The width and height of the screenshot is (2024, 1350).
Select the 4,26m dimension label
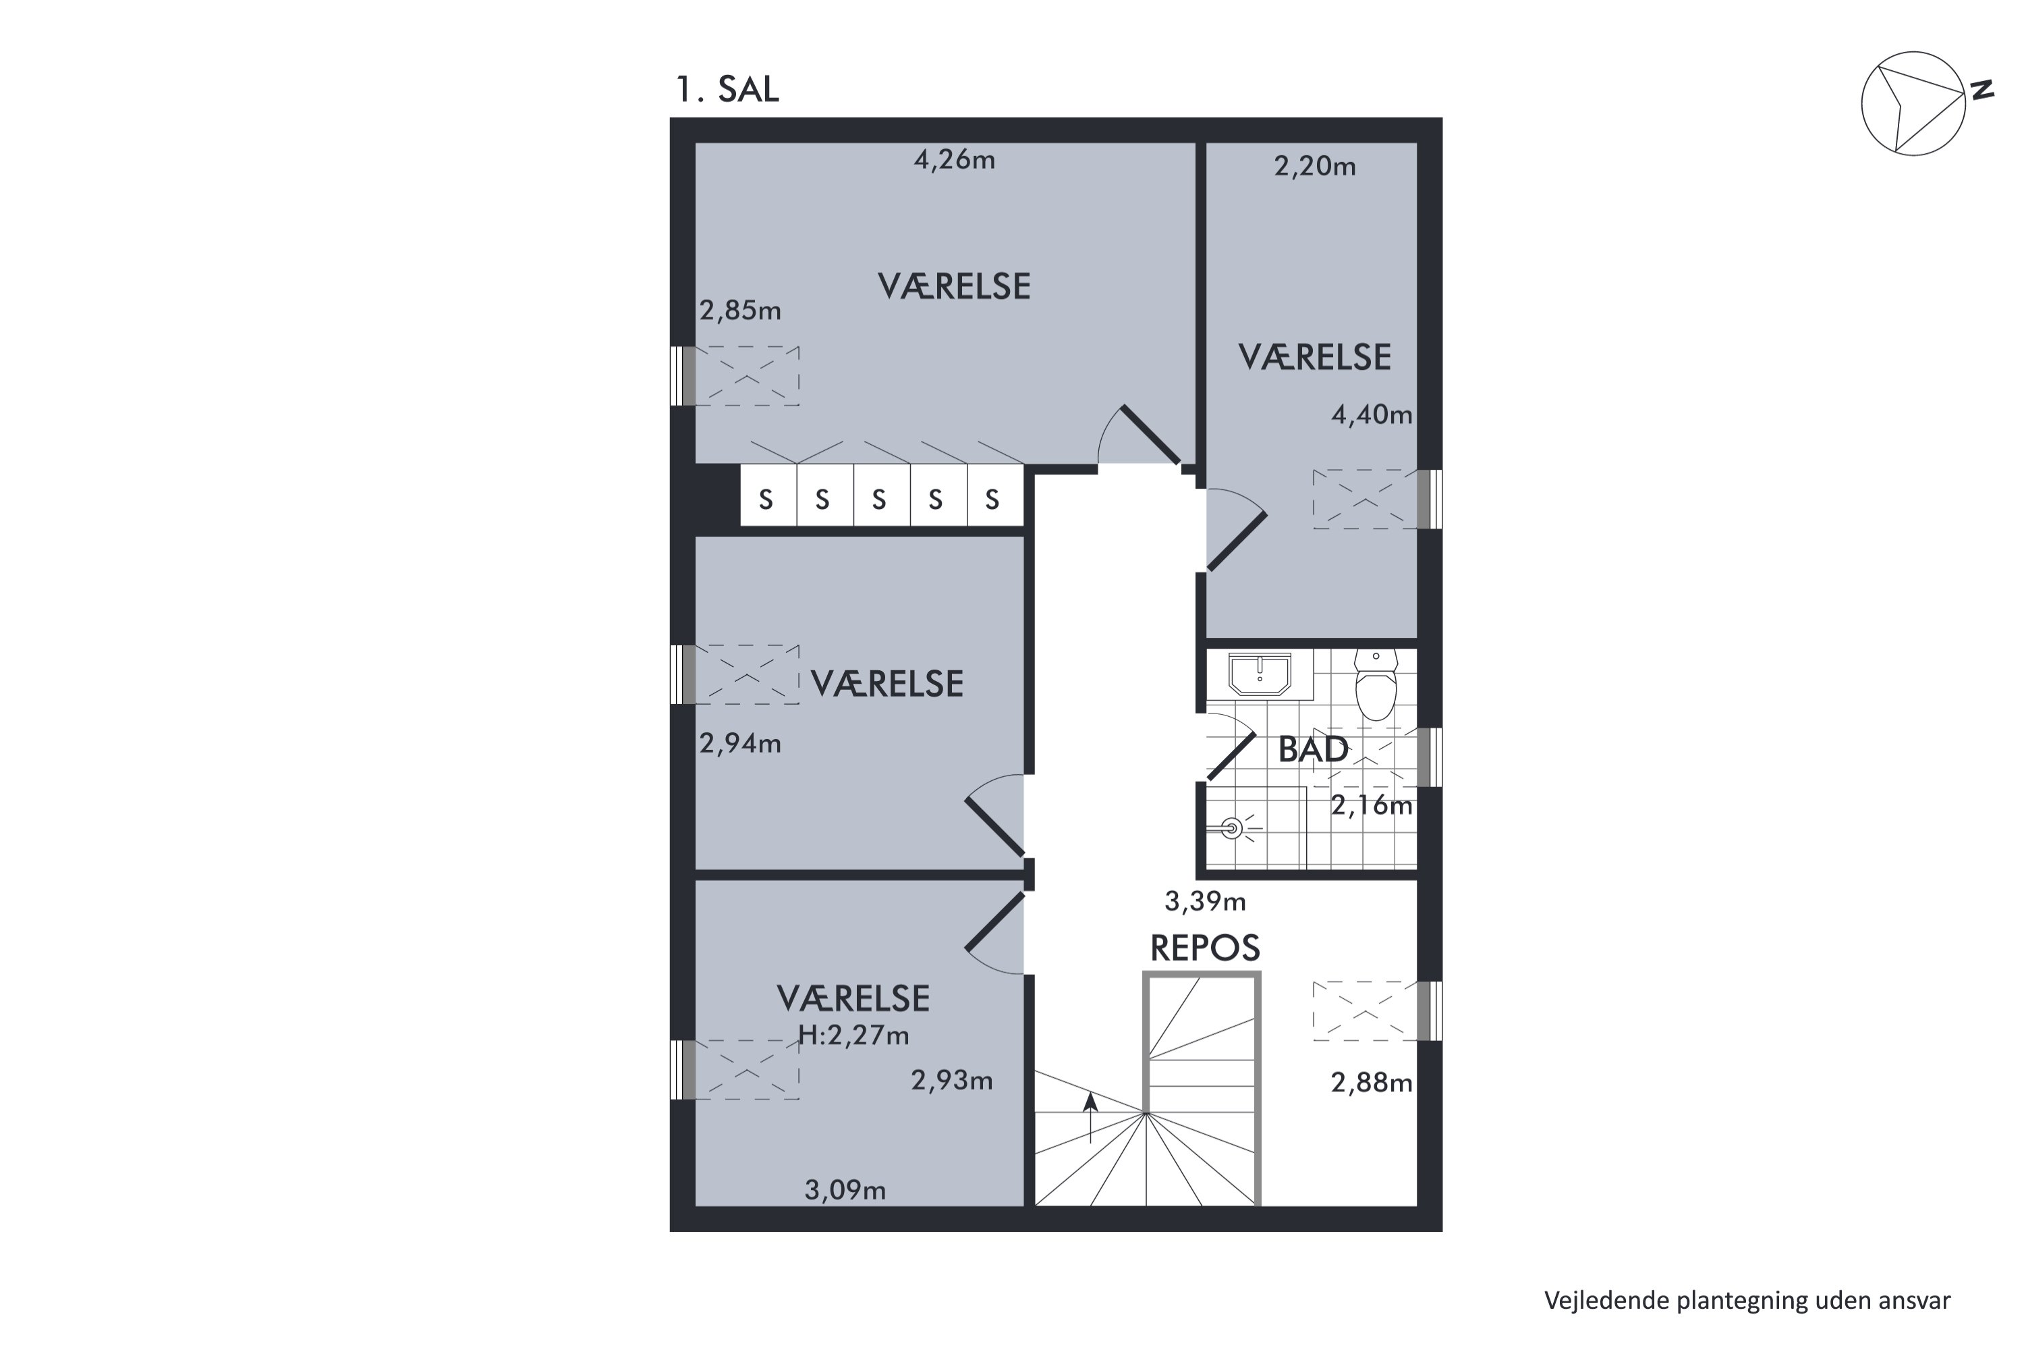tap(955, 160)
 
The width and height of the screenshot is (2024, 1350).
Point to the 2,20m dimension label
tap(1315, 166)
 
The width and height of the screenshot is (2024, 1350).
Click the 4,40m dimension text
tap(1372, 415)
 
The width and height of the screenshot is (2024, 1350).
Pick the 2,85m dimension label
tap(740, 310)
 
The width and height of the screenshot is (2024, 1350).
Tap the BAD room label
tap(1313, 750)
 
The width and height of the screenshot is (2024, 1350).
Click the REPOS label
tap(1205, 948)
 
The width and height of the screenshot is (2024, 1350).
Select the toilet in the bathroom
tap(1376, 684)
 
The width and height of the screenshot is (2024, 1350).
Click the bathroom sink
tap(1260, 673)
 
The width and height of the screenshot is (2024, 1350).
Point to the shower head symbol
tap(1233, 829)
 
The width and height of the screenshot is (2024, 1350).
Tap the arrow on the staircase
tap(1090, 1118)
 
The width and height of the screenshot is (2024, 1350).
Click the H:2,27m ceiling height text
tap(853, 1035)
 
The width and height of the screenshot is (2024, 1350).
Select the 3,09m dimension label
tap(845, 1191)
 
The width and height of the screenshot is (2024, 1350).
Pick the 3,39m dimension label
tap(1205, 901)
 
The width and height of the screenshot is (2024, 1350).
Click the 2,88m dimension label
tap(1372, 1082)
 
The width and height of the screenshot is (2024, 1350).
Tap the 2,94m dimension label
tap(740, 743)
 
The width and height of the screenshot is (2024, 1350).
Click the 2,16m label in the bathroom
tap(1372, 806)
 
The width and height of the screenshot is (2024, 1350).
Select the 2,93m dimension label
tap(952, 1081)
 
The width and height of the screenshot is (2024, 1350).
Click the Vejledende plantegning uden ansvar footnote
tap(1747, 1300)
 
